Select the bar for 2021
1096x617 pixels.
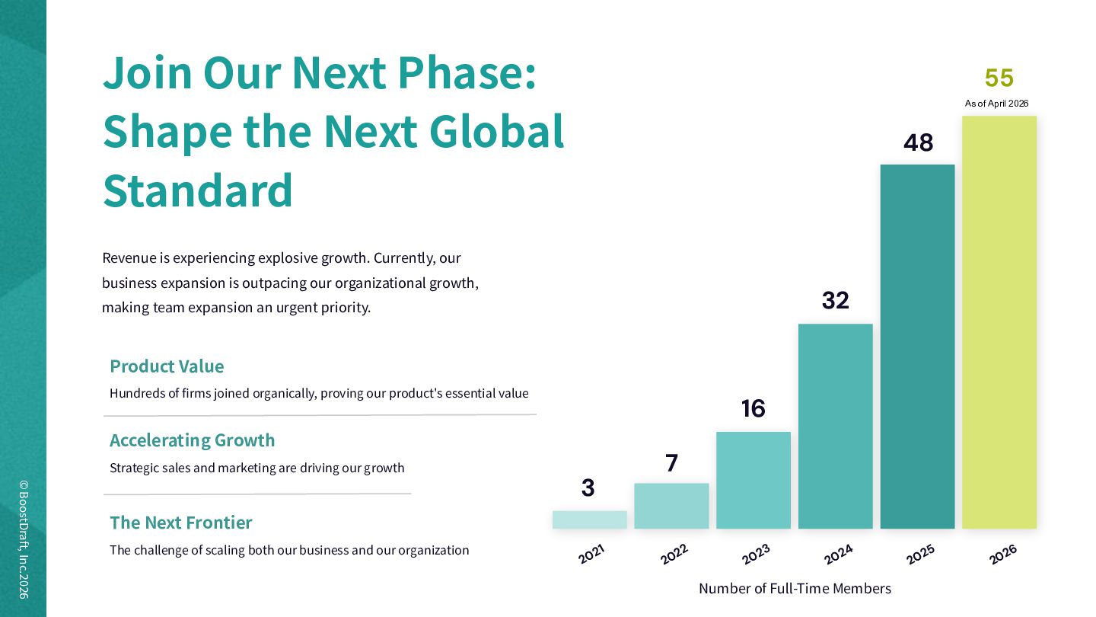pyautogui.click(x=590, y=519)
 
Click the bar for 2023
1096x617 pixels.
pyautogui.click(x=753, y=481)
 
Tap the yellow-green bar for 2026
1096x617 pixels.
pyautogui.click(x=999, y=322)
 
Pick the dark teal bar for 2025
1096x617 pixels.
pyautogui.click(x=917, y=347)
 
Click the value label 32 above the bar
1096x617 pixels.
pyautogui.click(x=835, y=300)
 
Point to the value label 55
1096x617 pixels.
pyautogui.click(x=999, y=78)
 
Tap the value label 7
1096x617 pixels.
pyautogui.click(x=672, y=463)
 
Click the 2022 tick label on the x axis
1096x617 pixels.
pyautogui.click(x=674, y=554)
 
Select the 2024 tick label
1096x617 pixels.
pyautogui.click(x=838, y=554)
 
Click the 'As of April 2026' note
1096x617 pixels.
pyautogui.click(x=997, y=104)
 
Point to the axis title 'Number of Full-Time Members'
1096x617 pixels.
pyautogui.click(x=795, y=588)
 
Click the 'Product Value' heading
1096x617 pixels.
pyautogui.click(x=167, y=366)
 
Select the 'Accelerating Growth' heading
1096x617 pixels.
pyautogui.click(x=193, y=440)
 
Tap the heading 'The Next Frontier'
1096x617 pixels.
pyautogui.click(x=181, y=523)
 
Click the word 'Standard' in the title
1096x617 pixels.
pyautogui.click(x=198, y=190)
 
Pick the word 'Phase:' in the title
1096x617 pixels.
pyautogui.click(x=467, y=73)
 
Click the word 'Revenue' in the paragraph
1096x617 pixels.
pyautogui.click(x=129, y=258)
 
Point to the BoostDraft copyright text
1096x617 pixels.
pyautogui.click(x=24, y=539)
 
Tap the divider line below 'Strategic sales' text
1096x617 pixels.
pyautogui.click(x=257, y=494)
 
